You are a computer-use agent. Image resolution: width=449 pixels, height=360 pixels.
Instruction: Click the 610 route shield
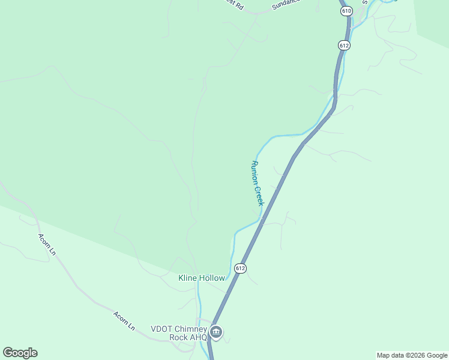pos(346,11)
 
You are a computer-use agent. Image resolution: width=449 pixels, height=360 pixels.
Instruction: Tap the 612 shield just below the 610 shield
pos(344,45)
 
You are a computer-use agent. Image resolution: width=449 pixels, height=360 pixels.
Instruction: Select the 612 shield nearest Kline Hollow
pos(241,268)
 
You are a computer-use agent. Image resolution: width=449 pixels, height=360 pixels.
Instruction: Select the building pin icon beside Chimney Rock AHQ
pos(216,332)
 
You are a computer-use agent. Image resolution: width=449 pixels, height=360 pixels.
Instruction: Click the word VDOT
pos(162,329)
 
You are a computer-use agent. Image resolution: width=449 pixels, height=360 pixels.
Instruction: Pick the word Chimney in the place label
pos(191,329)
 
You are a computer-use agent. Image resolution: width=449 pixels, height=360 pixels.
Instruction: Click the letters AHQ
pos(199,337)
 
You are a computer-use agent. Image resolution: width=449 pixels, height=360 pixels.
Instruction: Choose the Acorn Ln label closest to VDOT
pos(124,320)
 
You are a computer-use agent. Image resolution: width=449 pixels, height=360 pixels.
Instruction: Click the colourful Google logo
pos(20,353)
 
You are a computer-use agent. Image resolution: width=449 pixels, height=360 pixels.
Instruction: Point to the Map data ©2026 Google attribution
pos(412,355)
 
